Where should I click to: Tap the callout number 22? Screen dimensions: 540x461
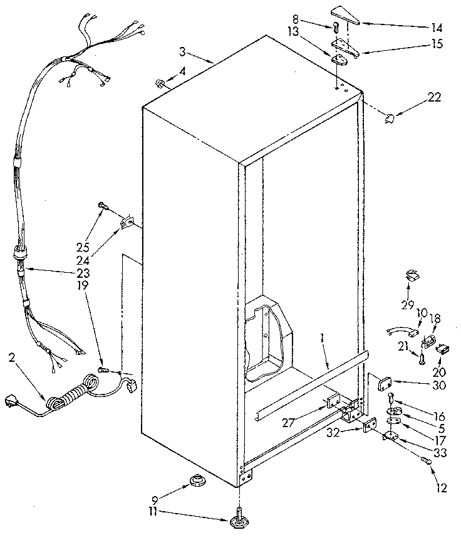[x=433, y=97]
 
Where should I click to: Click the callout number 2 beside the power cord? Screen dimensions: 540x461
[x=12, y=358]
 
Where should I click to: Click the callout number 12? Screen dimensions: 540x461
[x=442, y=488]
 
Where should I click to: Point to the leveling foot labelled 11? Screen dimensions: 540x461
[x=240, y=519]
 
